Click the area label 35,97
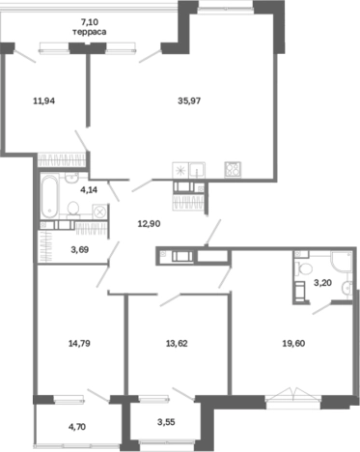pyautogui.click(x=189, y=100)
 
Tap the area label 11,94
pyautogui.click(x=44, y=101)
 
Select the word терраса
pyautogui.click(x=90, y=32)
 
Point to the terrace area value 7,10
pyautogui.click(x=90, y=22)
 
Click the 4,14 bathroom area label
pyautogui.click(x=89, y=189)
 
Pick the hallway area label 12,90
pyautogui.click(x=149, y=223)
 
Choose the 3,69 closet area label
pyautogui.click(x=80, y=249)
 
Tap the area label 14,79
pyautogui.click(x=79, y=344)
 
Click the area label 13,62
pyautogui.click(x=177, y=344)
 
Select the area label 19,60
pyautogui.click(x=293, y=344)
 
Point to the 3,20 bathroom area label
pyautogui.click(x=322, y=283)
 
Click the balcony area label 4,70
pyautogui.click(x=77, y=427)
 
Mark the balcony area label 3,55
pyautogui.click(x=166, y=421)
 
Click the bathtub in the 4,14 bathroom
pyautogui.click(x=50, y=196)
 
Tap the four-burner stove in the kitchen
pyautogui.click(x=233, y=169)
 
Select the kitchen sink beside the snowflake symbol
pyautogui.click(x=197, y=170)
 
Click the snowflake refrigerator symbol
pyautogui.click(x=180, y=170)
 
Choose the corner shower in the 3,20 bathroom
pyautogui.click(x=341, y=262)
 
